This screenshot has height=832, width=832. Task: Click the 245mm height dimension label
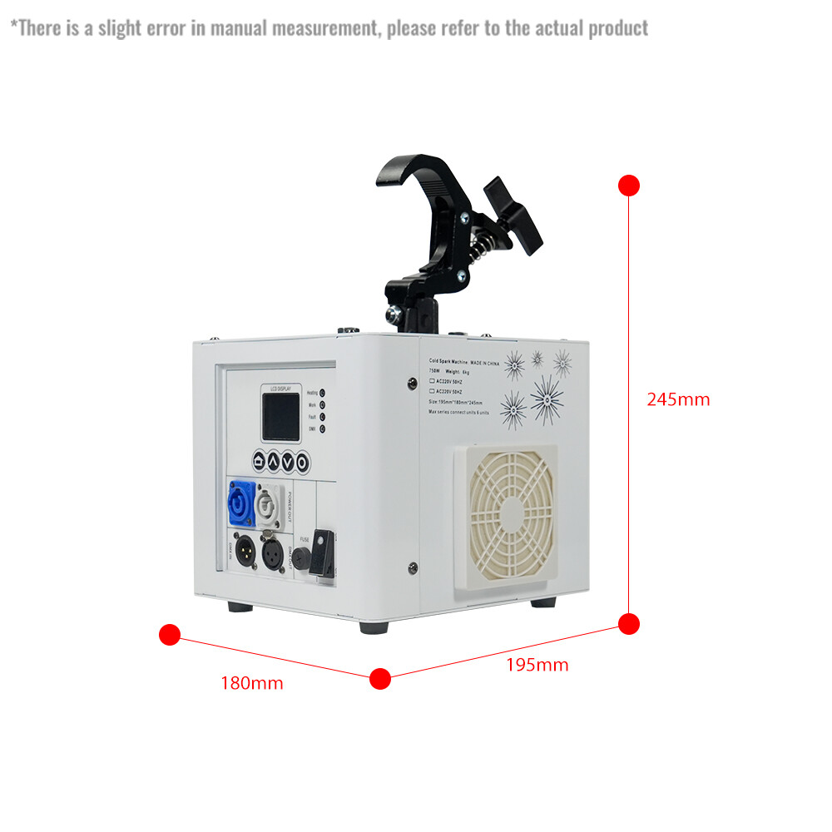click(x=678, y=399)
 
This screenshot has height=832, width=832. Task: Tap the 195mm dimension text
click(x=537, y=665)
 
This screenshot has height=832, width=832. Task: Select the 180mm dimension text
click(x=251, y=684)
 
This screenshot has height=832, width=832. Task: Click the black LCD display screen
click(x=280, y=417)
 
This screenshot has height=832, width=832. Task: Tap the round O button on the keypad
click(x=302, y=460)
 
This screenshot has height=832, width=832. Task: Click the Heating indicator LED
click(x=322, y=392)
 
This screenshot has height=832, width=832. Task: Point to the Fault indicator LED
click(x=322, y=417)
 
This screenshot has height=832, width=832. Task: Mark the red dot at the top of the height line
click(x=629, y=185)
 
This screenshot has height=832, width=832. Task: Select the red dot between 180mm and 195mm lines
click(x=379, y=678)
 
